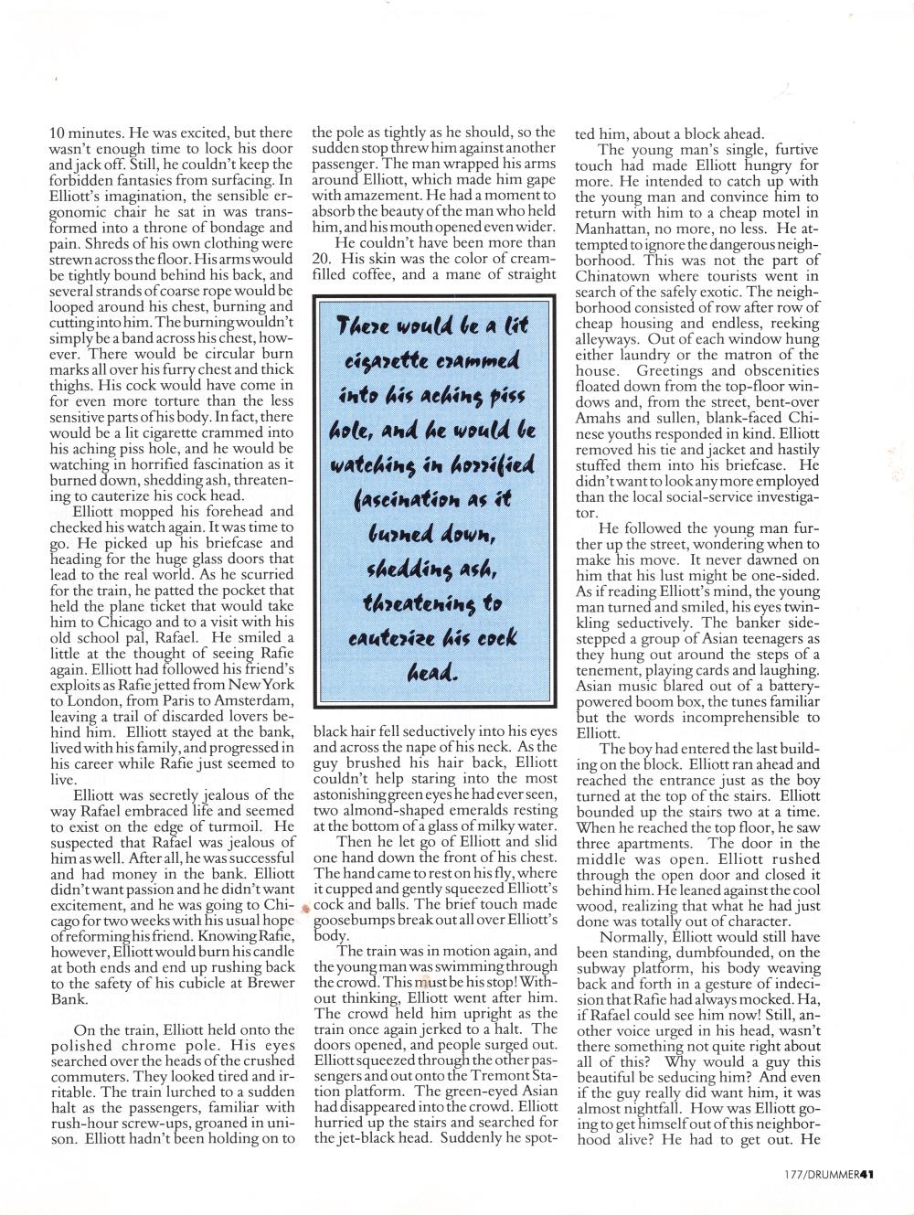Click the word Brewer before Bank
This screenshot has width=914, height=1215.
pyautogui.click(x=267, y=984)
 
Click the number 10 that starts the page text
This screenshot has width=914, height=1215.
pyautogui.click(x=56, y=133)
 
